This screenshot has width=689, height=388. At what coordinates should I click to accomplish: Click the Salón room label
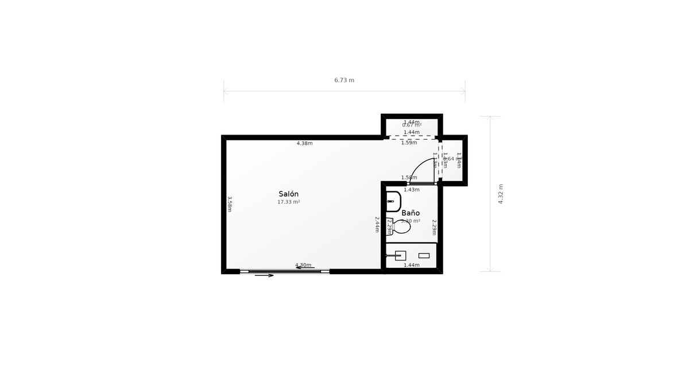[289, 194]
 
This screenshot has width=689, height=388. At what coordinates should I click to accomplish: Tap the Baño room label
[411, 213]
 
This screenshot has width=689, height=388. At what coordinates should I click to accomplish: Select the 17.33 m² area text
[289, 202]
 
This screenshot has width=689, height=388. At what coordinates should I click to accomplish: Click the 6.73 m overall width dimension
[344, 80]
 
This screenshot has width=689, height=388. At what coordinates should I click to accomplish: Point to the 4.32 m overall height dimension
[501, 194]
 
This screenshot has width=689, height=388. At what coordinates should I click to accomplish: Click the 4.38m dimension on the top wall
[304, 143]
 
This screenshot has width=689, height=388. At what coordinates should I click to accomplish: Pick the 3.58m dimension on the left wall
[230, 204]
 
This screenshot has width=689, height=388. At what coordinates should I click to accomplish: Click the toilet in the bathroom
[401, 227]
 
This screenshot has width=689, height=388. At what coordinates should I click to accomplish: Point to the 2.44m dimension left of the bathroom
[377, 224]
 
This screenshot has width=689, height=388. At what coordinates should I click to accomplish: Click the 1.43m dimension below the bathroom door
[412, 190]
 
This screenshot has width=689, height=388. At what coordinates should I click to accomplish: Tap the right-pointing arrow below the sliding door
[264, 275]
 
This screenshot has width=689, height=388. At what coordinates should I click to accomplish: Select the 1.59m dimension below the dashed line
[409, 143]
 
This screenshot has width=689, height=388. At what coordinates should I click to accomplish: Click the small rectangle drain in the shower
[424, 255]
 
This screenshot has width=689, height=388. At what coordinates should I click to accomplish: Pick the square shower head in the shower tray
[400, 256]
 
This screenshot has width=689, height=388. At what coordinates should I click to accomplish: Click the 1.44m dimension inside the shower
[412, 265]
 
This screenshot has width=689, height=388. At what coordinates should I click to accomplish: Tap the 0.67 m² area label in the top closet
[412, 125]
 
